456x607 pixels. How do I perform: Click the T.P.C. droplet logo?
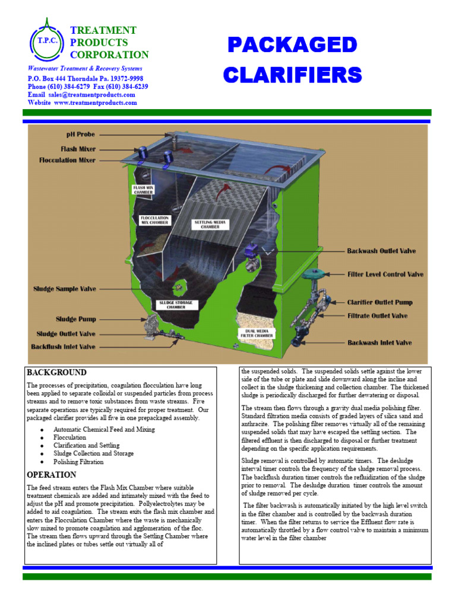tap(46, 41)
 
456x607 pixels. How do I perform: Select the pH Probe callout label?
tap(81, 135)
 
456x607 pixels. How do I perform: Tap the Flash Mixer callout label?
tap(78, 149)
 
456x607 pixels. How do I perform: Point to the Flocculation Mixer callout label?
tap(67, 160)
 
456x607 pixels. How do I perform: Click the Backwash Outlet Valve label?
tap(381, 251)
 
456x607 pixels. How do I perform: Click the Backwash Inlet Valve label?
tap(379, 343)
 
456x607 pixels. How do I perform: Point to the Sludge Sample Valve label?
tap(65, 289)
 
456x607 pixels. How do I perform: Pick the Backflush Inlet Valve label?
tap(63, 346)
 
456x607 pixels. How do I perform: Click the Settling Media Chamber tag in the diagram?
tap(207, 224)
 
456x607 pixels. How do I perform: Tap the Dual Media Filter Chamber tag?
tap(256, 334)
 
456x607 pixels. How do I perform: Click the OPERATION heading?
tap(52, 475)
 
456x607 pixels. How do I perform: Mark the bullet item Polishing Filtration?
tap(78, 462)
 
